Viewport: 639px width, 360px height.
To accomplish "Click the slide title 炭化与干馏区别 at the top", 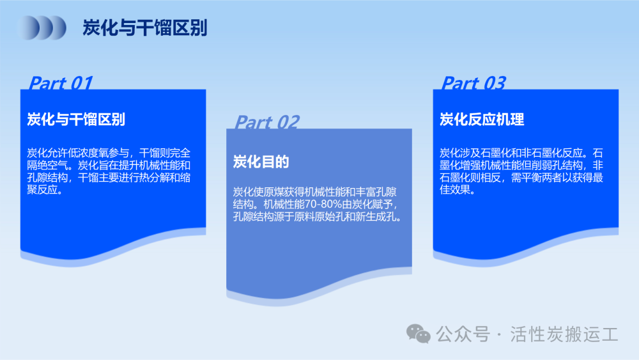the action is click(x=145, y=27).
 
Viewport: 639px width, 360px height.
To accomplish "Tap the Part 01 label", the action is click(x=61, y=82).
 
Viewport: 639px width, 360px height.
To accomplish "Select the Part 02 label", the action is click(x=267, y=122).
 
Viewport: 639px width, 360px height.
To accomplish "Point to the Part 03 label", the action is click(x=473, y=82).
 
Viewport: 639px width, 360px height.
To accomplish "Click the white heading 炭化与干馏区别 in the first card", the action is click(x=76, y=120).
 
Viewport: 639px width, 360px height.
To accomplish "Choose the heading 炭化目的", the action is click(x=261, y=162).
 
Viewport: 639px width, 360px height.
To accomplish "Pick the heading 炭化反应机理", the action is click(x=482, y=120).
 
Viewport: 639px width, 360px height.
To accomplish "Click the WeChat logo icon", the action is click(x=418, y=334).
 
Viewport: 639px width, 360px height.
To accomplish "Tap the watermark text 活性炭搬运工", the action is click(x=564, y=334).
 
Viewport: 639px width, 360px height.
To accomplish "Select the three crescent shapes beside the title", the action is click(x=42, y=27).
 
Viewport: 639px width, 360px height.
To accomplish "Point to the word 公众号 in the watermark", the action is click(x=463, y=334).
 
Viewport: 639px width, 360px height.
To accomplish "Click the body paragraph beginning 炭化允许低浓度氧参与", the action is click(x=109, y=171).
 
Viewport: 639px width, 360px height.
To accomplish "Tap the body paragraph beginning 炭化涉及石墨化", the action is click(x=521, y=171).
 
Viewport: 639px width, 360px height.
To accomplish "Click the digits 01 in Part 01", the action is click(x=82, y=82).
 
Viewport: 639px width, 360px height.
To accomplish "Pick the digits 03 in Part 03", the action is click(x=495, y=82).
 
